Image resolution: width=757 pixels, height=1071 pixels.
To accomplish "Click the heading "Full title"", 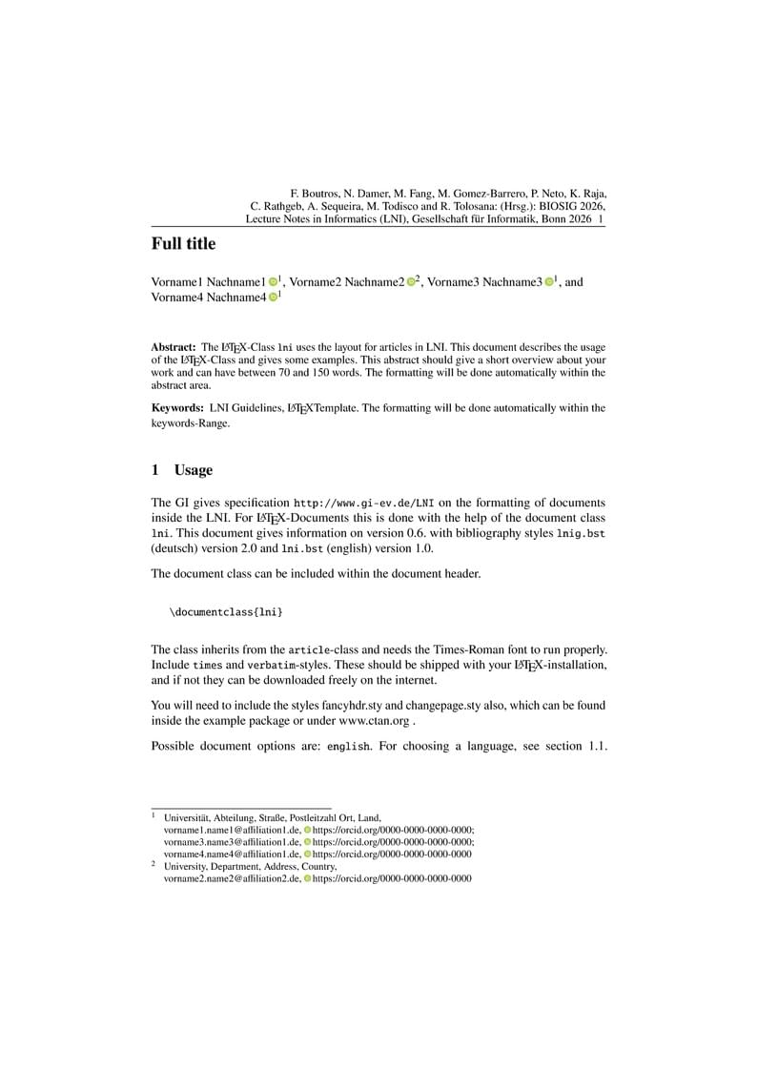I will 183,244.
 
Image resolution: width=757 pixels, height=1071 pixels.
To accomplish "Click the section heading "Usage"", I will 193,470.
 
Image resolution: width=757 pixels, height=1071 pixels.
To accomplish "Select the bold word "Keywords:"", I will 177,408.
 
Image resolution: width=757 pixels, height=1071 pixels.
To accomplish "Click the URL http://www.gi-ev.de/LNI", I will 363,503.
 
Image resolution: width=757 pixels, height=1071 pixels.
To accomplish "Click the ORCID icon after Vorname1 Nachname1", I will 273,282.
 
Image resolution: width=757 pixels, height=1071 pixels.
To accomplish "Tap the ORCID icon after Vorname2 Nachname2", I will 411,282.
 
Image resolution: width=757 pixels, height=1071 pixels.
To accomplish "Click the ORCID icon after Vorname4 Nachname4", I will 273,298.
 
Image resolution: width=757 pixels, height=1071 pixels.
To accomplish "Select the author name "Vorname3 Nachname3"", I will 484,282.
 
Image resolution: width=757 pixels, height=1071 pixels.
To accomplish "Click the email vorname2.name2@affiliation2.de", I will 232,878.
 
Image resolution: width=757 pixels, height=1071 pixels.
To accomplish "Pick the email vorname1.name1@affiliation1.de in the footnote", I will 232,830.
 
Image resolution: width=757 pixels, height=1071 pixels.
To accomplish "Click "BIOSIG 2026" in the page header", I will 571,205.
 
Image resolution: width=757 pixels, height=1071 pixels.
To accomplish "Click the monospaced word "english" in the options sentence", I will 348,746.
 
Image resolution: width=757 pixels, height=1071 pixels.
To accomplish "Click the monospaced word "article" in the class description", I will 310,649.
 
